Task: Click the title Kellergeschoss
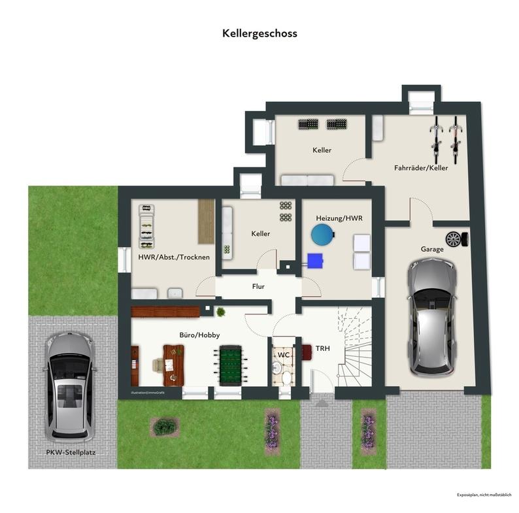pos(259,33)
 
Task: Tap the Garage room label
pos(432,249)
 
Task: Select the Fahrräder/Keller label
pos(421,168)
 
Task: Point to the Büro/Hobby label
pos(199,335)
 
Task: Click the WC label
pos(284,354)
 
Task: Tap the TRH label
pos(322,348)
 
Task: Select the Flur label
pos(259,286)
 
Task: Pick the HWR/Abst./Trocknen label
pos(174,257)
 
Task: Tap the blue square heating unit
pos(316,260)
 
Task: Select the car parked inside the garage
pos(431,316)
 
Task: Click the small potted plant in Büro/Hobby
pos(221,312)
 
